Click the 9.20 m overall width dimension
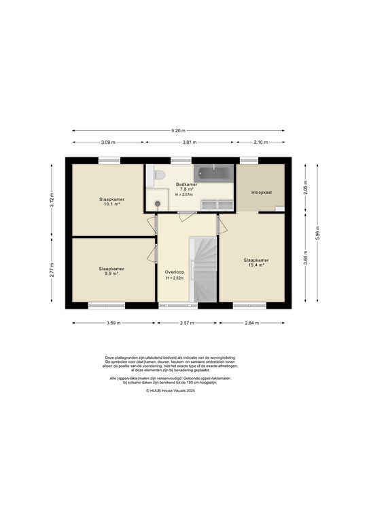pyautogui.click(x=178, y=130)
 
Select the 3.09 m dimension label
pyautogui.click(x=108, y=142)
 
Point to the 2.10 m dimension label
pyautogui.click(x=260, y=142)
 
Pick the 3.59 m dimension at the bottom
pyautogui.click(x=112, y=323)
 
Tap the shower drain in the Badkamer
pyautogui.click(x=158, y=203)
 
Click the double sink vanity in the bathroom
pyautogui.click(x=215, y=205)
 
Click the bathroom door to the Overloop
pyautogui.click(x=184, y=216)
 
